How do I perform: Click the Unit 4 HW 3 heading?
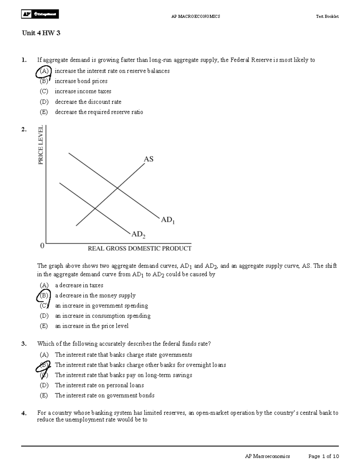(41, 33)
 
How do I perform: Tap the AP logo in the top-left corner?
(40, 14)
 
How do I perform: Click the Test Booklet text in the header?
(327, 17)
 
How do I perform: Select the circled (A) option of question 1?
(44, 71)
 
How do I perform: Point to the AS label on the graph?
(148, 159)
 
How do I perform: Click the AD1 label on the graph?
(167, 220)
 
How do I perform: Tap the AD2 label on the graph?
(139, 234)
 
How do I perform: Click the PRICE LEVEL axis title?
(40, 145)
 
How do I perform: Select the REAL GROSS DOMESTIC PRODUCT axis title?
(139, 248)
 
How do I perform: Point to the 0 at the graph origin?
(42, 246)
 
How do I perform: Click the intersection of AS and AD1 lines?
(117, 188)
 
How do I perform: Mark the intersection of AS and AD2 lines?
(95, 208)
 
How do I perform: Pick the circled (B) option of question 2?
(44, 296)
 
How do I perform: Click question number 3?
(24, 344)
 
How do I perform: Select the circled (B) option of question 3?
(44, 365)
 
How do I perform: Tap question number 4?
(24, 413)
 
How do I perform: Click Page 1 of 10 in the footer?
(323, 456)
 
